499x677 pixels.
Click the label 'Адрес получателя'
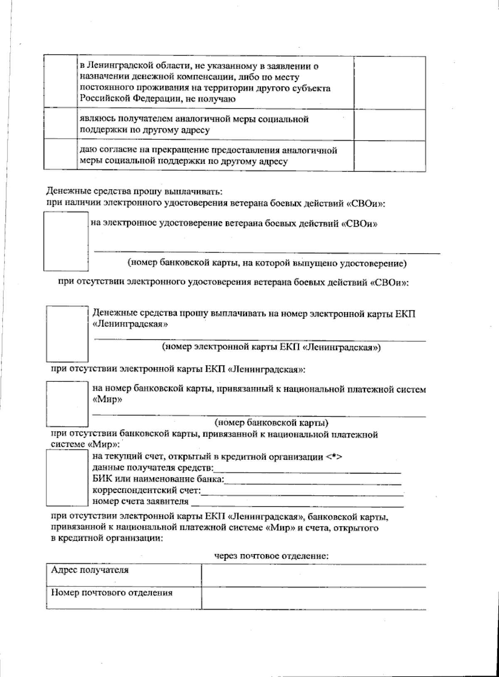click(x=89, y=570)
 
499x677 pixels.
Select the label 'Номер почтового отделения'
click(x=111, y=592)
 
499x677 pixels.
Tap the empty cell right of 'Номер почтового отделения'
click(x=314, y=598)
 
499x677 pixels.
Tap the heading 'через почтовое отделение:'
click(x=272, y=556)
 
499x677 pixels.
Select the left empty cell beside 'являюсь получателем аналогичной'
click(x=60, y=125)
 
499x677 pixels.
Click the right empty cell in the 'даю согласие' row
click(x=390, y=156)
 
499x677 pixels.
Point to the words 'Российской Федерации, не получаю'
click(x=158, y=99)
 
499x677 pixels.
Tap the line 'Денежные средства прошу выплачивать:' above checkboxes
click(x=135, y=192)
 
